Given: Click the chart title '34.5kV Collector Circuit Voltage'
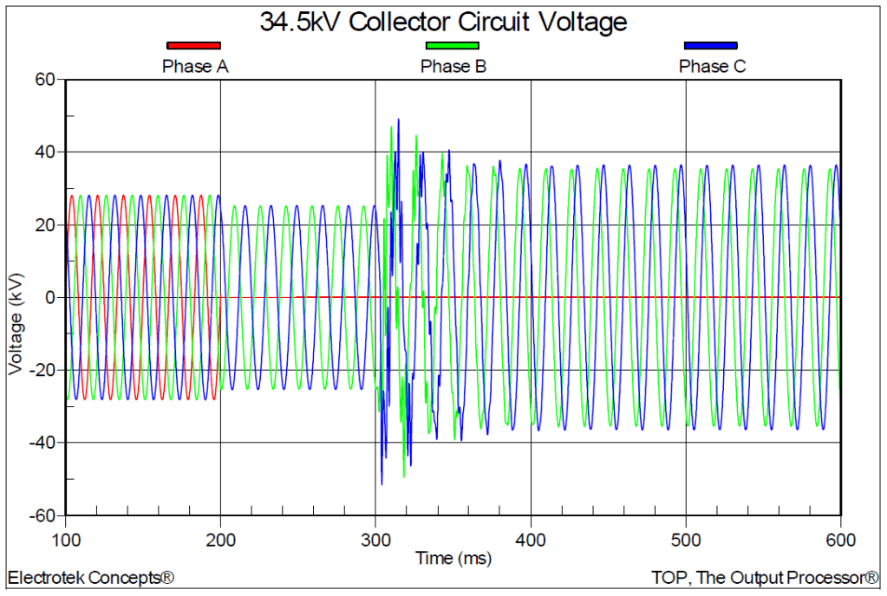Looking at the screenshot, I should tap(443, 22).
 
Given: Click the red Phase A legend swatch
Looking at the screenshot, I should tap(193, 45).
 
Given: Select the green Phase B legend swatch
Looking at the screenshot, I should tap(452, 45).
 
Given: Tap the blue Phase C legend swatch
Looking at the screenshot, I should tap(711, 45).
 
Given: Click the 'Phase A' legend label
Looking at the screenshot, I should tap(195, 66).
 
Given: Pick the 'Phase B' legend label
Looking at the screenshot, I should tap(453, 66).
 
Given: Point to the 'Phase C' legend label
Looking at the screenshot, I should tap(712, 66).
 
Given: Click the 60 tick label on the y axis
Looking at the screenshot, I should tap(44, 80).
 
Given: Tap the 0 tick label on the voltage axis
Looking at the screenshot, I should tap(51, 298).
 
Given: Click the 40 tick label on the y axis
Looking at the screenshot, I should tap(44, 152).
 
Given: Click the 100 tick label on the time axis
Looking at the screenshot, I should tap(65, 540).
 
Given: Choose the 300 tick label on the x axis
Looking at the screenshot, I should tap(375, 540).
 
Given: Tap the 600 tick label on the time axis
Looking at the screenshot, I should tap(840, 540).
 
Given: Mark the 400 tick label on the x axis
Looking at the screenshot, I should tap(531, 540).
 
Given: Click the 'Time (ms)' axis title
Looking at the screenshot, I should tap(453, 559).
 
